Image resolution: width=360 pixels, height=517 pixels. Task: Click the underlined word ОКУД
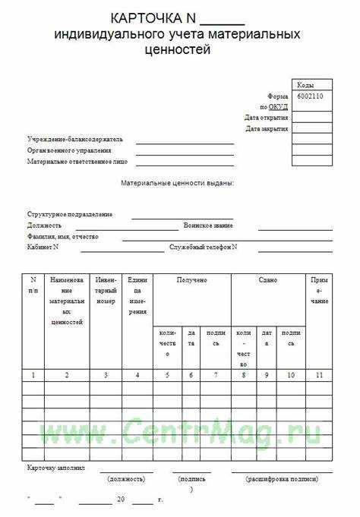tap(278, 107)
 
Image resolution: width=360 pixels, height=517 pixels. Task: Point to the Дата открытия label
tap(266, 118)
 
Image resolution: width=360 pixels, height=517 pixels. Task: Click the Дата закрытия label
tap(266, 129)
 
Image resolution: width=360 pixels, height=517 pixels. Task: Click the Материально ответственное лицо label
tap(77, 162)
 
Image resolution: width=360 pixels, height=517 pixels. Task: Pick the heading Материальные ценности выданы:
tap(177, 183)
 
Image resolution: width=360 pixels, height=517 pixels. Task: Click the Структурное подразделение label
tap(69, 215)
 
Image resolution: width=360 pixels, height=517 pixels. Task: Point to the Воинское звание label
tap(208, 225)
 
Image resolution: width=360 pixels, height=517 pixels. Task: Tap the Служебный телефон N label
tap(204, 247)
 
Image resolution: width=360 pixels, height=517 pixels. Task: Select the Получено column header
tap(192, 280)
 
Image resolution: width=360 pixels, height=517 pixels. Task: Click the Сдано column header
tap(267, 280)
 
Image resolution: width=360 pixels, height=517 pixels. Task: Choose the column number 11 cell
tap(319, 375)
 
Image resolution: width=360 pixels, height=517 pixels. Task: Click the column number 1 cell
tap(33, 375)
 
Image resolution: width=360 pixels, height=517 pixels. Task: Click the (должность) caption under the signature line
tap(126, 479)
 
